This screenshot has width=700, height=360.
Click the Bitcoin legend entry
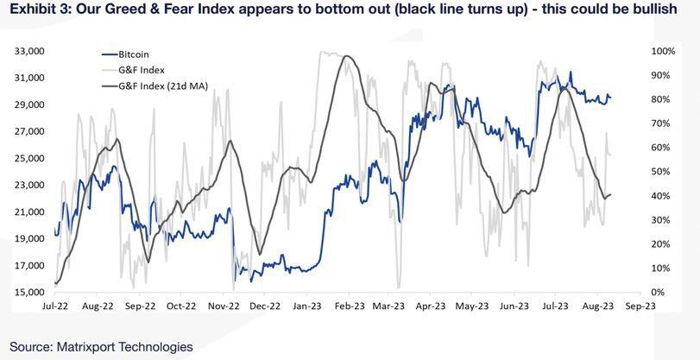pyautogui.click(x=125, y=54)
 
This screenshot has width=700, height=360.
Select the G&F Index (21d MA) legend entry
pyautogui.click(x=155, y=86)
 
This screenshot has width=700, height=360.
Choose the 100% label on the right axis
pyautogui.click(x=665, y=51)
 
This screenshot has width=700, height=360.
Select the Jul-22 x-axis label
pyautogui.click(x=55, y=306)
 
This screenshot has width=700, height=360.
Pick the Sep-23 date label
pyautogui.click(x=640, y=306)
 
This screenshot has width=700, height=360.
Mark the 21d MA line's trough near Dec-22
pyautogui.click(x=261, y=255)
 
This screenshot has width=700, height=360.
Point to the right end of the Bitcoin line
pyautogui.click(x=611, y=98)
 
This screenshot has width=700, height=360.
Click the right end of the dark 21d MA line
pyautogui.click(x=611, y=194)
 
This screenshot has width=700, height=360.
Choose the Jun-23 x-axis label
pyautogui.click(x=515, y=306)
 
